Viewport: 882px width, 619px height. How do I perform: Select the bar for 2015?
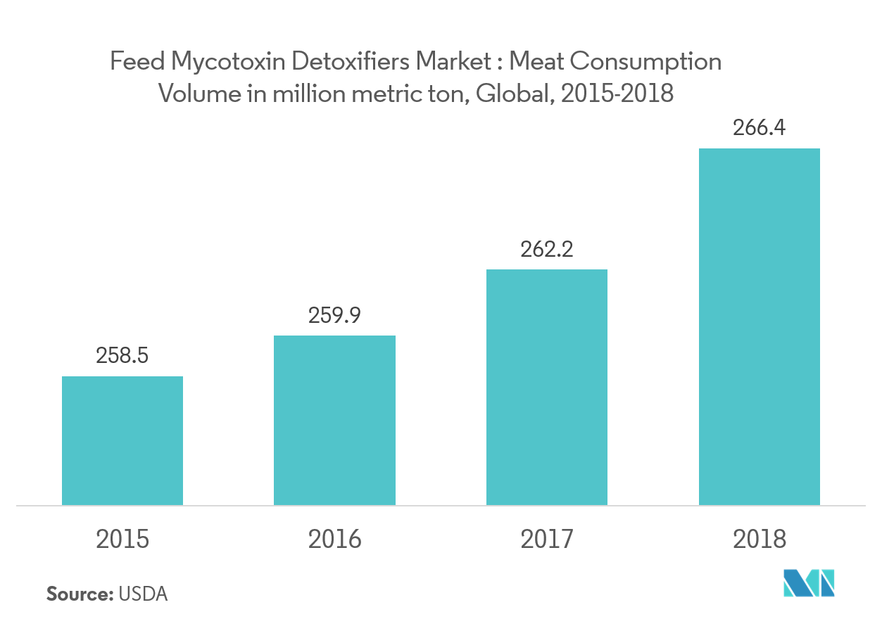(x=122, y=440)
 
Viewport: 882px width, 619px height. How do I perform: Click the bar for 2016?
(x=334, y=420)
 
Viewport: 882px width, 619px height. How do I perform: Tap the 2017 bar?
(x=547, y=387)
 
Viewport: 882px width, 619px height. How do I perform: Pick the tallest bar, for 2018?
(x=759, y=326)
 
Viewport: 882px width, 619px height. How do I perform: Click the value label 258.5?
(x=122, y=356)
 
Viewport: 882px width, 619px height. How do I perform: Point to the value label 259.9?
(x=334, y=315)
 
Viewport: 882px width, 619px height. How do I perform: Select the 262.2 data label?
(x=547, y=249)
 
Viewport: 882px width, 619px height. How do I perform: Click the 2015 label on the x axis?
(x=122, y=540)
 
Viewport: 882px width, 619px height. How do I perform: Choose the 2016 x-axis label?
(x=334, y=540)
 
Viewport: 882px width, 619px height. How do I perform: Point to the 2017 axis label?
(x=547, y=540)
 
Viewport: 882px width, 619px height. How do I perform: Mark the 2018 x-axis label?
(x=759, y=540)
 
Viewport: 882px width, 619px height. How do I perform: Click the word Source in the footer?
(x=80, y=594)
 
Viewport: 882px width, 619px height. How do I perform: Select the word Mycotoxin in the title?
(x=227, y=63)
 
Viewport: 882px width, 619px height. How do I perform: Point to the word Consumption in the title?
(x=645, y=63)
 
